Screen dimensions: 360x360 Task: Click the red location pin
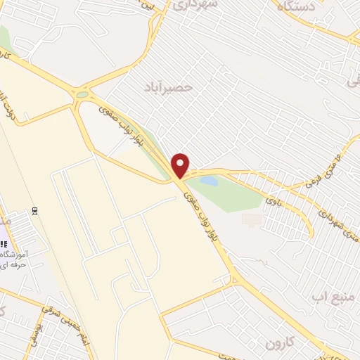[181, 165]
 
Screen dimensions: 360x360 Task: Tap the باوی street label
[272, 205]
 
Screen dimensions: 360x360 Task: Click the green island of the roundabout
[83, 94]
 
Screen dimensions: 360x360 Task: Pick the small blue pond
[208, 181]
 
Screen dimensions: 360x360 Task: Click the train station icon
[34, 210]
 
